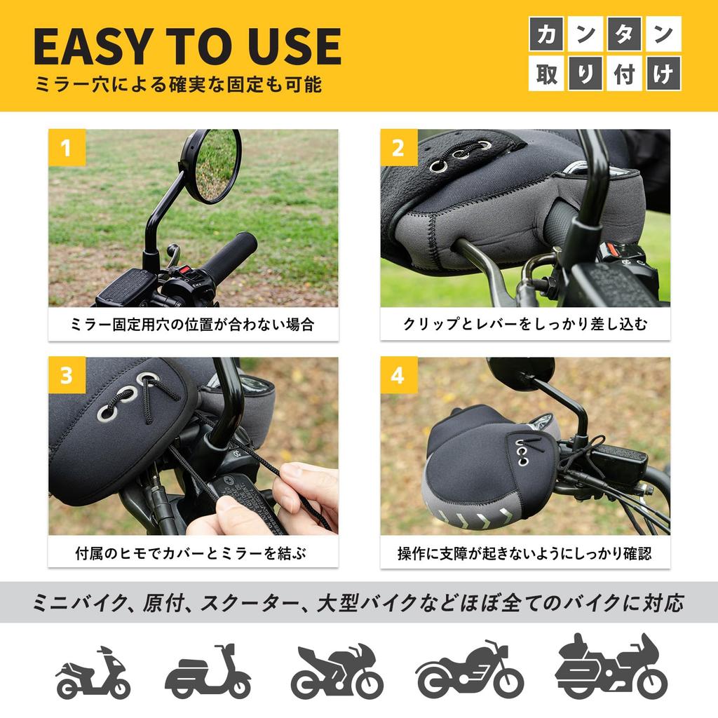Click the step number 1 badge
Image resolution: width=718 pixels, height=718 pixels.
67,148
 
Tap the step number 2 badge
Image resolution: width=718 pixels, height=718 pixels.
398,148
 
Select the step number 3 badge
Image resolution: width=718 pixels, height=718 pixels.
67,375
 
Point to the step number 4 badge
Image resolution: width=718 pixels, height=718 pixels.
398,375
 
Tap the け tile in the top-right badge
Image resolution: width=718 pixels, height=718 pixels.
663,74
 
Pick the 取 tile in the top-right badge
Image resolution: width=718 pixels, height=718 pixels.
546,74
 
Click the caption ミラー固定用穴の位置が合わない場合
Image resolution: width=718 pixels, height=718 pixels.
193,325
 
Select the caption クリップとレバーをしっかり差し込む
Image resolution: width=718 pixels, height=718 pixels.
525,325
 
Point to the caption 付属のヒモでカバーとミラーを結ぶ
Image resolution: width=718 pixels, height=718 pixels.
193,553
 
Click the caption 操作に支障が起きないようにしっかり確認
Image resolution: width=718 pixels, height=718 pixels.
525,553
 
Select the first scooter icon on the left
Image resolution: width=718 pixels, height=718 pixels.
93,673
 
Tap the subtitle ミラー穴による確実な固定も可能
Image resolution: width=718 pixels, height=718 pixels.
179,85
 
